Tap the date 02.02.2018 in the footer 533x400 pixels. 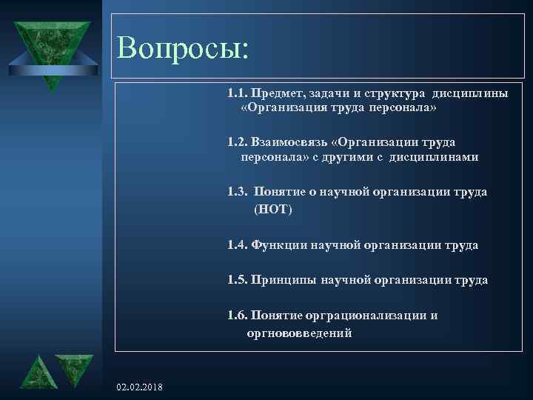click(141, 388)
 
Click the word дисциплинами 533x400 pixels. click(440, 157)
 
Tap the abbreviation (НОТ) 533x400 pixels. click(273, 210)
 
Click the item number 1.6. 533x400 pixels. click(238, 316)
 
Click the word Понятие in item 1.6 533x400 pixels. click(276, 316)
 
